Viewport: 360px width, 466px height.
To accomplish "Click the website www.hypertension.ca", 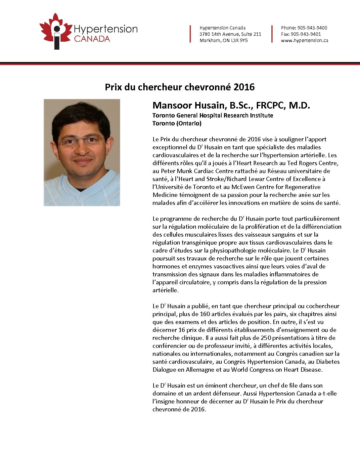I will (x=304, y=40).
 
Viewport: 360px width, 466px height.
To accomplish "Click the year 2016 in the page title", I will (x=244, y=87).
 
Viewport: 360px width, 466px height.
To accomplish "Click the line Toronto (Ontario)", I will (x=177, y=123).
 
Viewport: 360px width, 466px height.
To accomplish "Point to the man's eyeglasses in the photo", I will (x=81, y=141).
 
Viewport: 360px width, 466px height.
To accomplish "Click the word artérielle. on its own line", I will (x=165, y=290).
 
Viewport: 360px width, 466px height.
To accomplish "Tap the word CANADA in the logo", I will (x=92, y=39).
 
